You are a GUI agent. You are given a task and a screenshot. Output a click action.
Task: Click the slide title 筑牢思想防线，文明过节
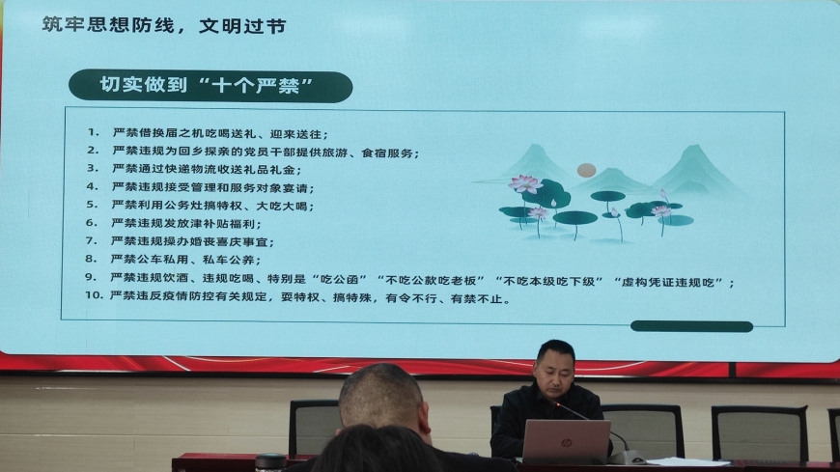tap(164, 25)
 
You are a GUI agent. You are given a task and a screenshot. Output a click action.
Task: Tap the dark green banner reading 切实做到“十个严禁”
tap(210, 86)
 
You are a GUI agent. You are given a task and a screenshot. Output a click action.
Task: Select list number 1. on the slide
tap(94, 132)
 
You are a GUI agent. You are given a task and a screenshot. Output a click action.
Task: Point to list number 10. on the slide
tap(94, 294)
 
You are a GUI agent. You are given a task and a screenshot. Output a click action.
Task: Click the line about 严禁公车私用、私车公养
tap(186, 260)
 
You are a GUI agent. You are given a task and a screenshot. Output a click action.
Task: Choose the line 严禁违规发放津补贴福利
tap(186, 223)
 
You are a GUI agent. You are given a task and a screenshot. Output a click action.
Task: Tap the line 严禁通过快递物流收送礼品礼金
tap(207, 169)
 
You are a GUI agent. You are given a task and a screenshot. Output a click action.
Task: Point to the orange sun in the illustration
tap(586, 171)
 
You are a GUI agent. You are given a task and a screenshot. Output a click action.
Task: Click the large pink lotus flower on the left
tap(525, 183)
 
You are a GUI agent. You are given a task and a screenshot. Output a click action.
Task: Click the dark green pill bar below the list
tap(691, 326)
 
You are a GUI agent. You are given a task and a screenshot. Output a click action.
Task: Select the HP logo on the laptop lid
tap(566, 442)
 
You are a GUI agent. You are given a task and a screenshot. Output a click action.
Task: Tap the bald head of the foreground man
tap(380, 396)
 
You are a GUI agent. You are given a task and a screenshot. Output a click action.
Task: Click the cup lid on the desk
tap(270, 459)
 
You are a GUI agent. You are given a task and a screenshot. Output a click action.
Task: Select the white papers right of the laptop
tap(688, 461)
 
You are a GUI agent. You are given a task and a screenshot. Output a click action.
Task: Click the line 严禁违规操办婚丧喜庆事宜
tap(192, 241)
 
